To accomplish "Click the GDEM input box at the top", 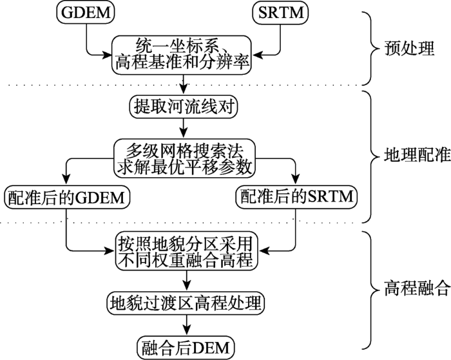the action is click(86, 12).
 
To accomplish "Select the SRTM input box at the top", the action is click(280, 12).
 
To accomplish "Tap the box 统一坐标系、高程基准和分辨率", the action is click(182, 55).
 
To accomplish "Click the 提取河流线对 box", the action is click(184, 107).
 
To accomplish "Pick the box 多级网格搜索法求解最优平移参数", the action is click(185, 158).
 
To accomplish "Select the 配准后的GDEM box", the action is click(67, 197).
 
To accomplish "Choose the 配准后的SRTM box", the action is click(296, 197).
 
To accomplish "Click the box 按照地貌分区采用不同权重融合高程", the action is click(186, 251).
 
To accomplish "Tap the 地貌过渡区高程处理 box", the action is click(186, 303).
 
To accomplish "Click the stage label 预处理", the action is click(409, 48).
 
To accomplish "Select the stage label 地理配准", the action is click(417, 155).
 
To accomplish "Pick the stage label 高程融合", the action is click(417, 289).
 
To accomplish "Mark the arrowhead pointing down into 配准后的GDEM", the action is click(66, 180).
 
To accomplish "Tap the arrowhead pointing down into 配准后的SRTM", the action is click(296, 180).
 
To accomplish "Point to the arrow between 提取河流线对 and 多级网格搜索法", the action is click(184, 129).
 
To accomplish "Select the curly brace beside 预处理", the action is click(371, 48).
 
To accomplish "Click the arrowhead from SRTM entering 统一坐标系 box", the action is click(258, 55).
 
